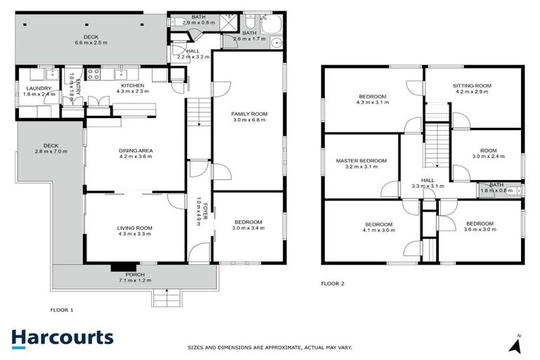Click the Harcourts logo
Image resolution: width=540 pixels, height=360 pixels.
(62, 337)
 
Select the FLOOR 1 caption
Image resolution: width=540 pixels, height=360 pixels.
(62, 309)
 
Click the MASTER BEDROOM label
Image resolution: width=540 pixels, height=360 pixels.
(361, 161)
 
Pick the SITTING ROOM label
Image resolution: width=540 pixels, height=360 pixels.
(472, 86)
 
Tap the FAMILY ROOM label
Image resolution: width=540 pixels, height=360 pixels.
(249, 113)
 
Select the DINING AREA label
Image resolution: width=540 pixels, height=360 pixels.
(136, 150)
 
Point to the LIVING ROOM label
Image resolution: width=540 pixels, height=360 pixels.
(134, 227)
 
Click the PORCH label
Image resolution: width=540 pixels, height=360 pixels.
(135, 275)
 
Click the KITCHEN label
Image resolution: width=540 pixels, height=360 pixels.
(132, 85)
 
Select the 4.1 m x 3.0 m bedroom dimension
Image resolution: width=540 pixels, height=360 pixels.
(378, 230)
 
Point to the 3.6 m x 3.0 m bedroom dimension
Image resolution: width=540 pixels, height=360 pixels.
(480, 230)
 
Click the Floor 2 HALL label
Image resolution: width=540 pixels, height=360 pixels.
(427, 180)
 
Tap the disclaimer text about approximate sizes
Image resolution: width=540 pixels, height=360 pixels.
(269, 347)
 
